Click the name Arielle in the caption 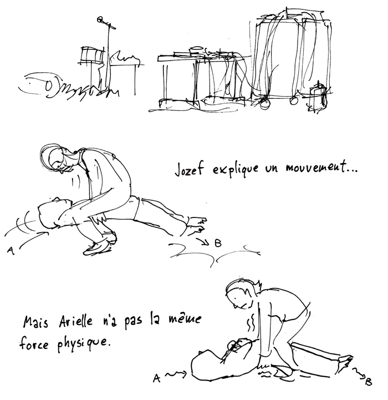tap(76, 321)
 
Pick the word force tap(34, 343)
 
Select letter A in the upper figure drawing tap(10, 250)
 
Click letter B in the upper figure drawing tap(218, 244)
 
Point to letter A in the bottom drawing tap(157, 378)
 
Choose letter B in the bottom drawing tap(369, 382)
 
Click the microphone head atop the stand tap(100, 19)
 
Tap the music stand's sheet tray tap(91, 54)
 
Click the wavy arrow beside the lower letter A tap(176, 374)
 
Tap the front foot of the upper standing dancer tap(98, 248)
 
